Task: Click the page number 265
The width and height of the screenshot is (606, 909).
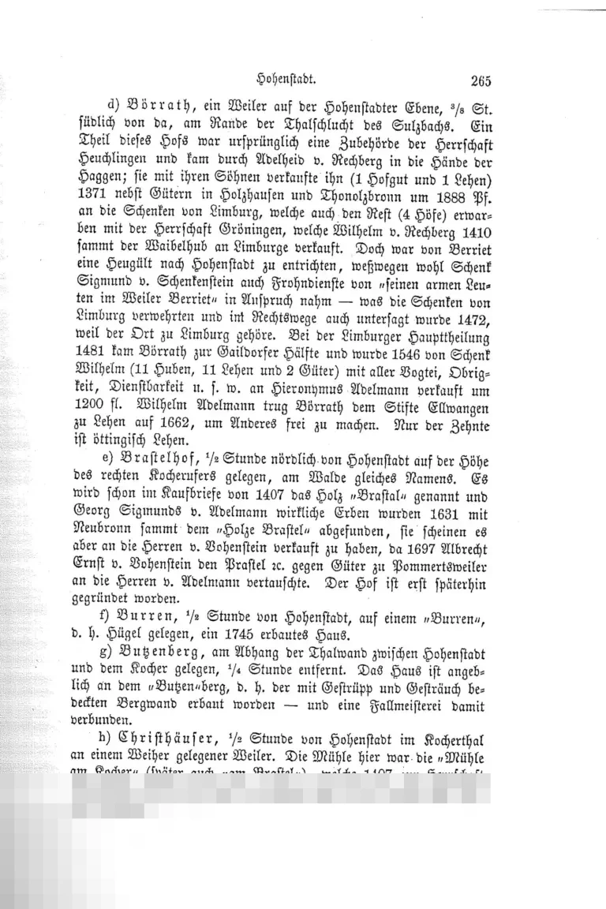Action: pos(480,80)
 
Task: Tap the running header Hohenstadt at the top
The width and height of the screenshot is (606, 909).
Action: pos(287,79)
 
